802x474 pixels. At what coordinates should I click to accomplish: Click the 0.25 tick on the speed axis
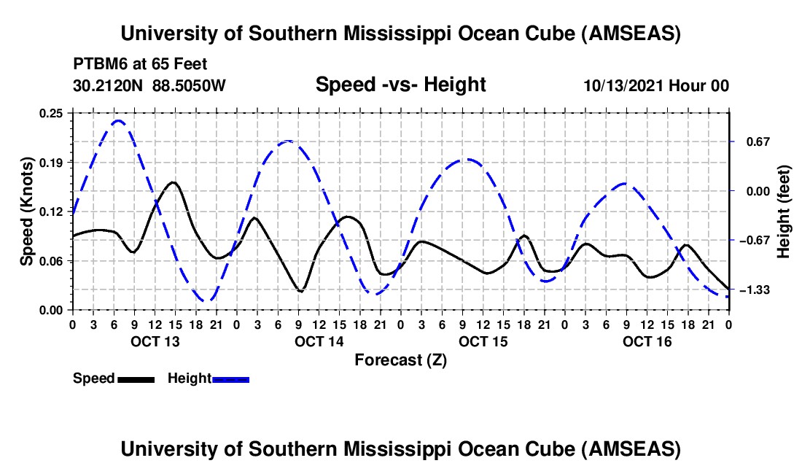pos(52,112)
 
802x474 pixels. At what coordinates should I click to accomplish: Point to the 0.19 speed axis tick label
pos(52,162)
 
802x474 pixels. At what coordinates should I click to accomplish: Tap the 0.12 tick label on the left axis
pos(52,211)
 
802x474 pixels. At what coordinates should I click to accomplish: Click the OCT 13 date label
pos(155,341)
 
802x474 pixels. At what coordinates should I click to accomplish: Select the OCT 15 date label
pos(483,341)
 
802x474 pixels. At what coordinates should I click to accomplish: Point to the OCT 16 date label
pos(647,341)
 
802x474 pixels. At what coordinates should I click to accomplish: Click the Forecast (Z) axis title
pos(400,360)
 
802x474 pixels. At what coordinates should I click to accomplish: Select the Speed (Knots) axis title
pos(26,211)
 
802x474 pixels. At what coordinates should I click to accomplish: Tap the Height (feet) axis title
pos(784,211)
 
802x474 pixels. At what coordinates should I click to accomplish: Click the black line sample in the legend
pos(136,378)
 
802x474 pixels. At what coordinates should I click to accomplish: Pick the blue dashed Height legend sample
pos(230,378)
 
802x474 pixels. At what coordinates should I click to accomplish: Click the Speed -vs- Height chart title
pos(400,85)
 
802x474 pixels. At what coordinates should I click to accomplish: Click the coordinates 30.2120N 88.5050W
pos(149,86)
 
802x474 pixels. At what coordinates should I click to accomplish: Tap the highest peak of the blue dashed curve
pos(119,120)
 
